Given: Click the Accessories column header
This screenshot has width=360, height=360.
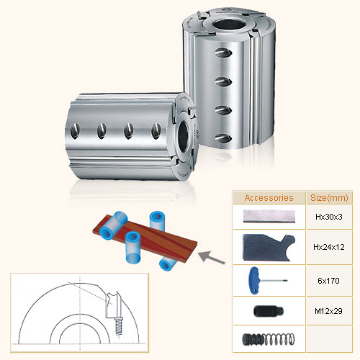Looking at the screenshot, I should [269, 197].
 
